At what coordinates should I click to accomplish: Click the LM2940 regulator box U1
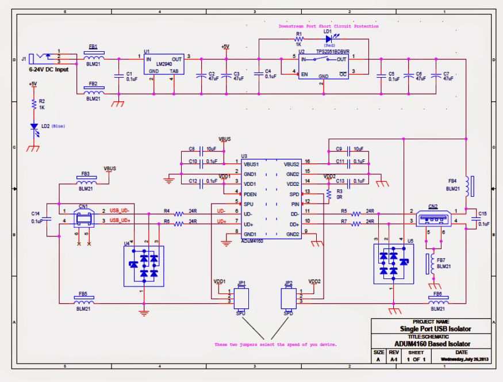(163, 65)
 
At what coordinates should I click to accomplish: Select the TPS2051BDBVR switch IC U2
(323, 66)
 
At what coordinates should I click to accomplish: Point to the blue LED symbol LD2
(35, 127)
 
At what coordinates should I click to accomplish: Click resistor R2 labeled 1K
(34, 104)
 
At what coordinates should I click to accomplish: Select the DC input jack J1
(43, 58)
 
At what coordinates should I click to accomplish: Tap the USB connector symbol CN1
(84, 219)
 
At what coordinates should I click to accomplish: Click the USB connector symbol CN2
(432, 219)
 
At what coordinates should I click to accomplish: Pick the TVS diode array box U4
(144, 266)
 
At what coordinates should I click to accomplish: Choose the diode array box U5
(393, 263)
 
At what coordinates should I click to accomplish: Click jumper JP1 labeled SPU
(242, 299)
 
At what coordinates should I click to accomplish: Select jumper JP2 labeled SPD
(288, 299)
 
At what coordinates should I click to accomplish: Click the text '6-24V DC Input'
(48, 69)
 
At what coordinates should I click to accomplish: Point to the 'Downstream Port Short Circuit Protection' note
(328, 26)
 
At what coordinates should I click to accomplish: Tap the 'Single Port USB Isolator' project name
(435, 329)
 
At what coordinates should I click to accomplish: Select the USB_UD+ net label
(121, 220)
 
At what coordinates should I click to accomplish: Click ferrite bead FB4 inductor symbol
(467, 186)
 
